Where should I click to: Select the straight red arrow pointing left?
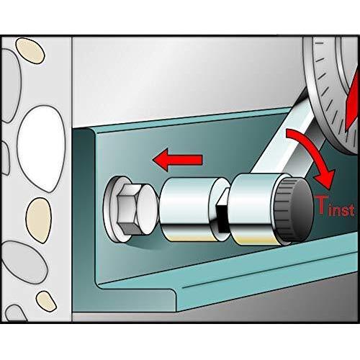(178, 160)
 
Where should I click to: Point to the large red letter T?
(322, 204)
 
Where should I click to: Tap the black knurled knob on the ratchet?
(294, 210)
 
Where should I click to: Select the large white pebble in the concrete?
(41, 149)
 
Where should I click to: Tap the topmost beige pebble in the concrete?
(30, 50)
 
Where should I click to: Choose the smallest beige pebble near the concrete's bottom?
(46, 301)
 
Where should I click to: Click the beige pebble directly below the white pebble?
(38, 220)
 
